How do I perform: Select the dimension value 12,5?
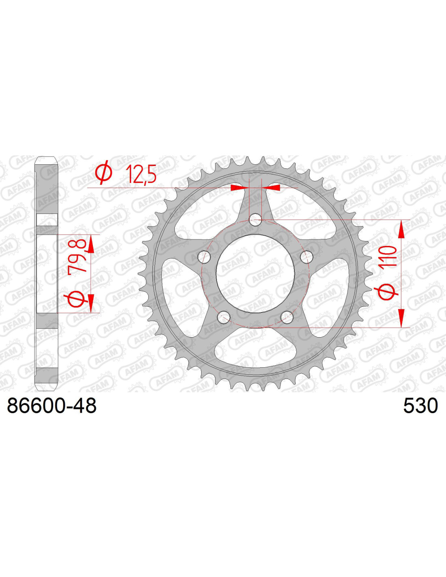pos(141,174)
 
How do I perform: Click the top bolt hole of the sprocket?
pos(255,220)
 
